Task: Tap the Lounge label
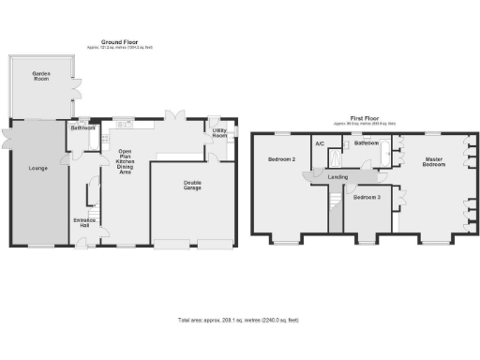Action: pyautogui.click(x=37, y=169)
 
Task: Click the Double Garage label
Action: pyautogui.click(x=192, y=187)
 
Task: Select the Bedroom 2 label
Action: pyautogui.click(x=282, y=159)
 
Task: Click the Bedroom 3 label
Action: pyautogui.click(x=367, y=198)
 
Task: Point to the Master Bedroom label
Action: pyautogui.click(x=432, y=161)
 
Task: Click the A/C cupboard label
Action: pyautogui.click(x=320, y=143)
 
